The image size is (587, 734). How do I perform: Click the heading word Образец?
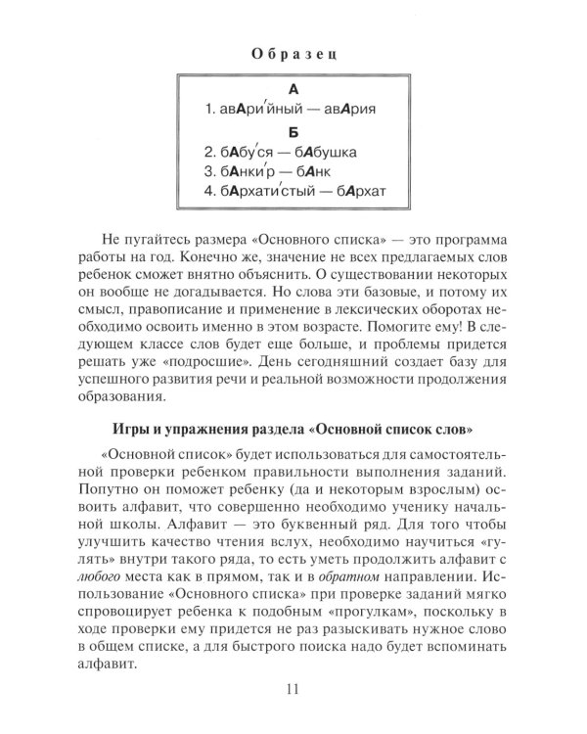pyautogui.click(x=293, y=51)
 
